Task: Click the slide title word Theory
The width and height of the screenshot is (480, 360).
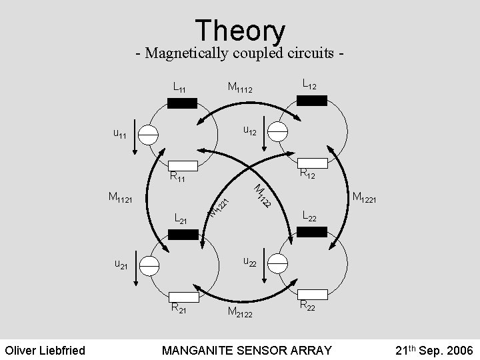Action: pos(240,31)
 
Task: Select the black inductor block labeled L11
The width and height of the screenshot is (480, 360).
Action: pos(182,103)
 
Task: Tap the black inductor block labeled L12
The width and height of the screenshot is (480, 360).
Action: pos(311,101)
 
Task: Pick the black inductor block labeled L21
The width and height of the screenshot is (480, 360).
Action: pos(183,234)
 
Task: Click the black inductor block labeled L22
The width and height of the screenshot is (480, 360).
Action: pos(311,232)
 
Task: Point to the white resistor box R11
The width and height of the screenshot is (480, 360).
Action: pos(182,165)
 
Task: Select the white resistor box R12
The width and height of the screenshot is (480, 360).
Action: pos(311,163)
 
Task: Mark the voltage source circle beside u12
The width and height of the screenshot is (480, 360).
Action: pos(277,131)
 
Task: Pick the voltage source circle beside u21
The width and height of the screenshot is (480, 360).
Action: pos(149,265)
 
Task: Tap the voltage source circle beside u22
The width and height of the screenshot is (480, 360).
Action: pos(277,263)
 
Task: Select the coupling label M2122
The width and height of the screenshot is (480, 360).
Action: pos(239,313)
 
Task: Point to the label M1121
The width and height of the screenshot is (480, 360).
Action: pos(120,197)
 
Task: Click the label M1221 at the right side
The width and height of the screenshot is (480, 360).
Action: pos(365,197)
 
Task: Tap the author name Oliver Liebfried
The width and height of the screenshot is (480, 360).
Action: pos(45,349)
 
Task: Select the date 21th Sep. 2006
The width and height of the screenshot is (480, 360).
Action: pos(434,349)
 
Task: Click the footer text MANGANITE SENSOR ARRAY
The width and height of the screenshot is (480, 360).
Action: pos(247,349)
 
